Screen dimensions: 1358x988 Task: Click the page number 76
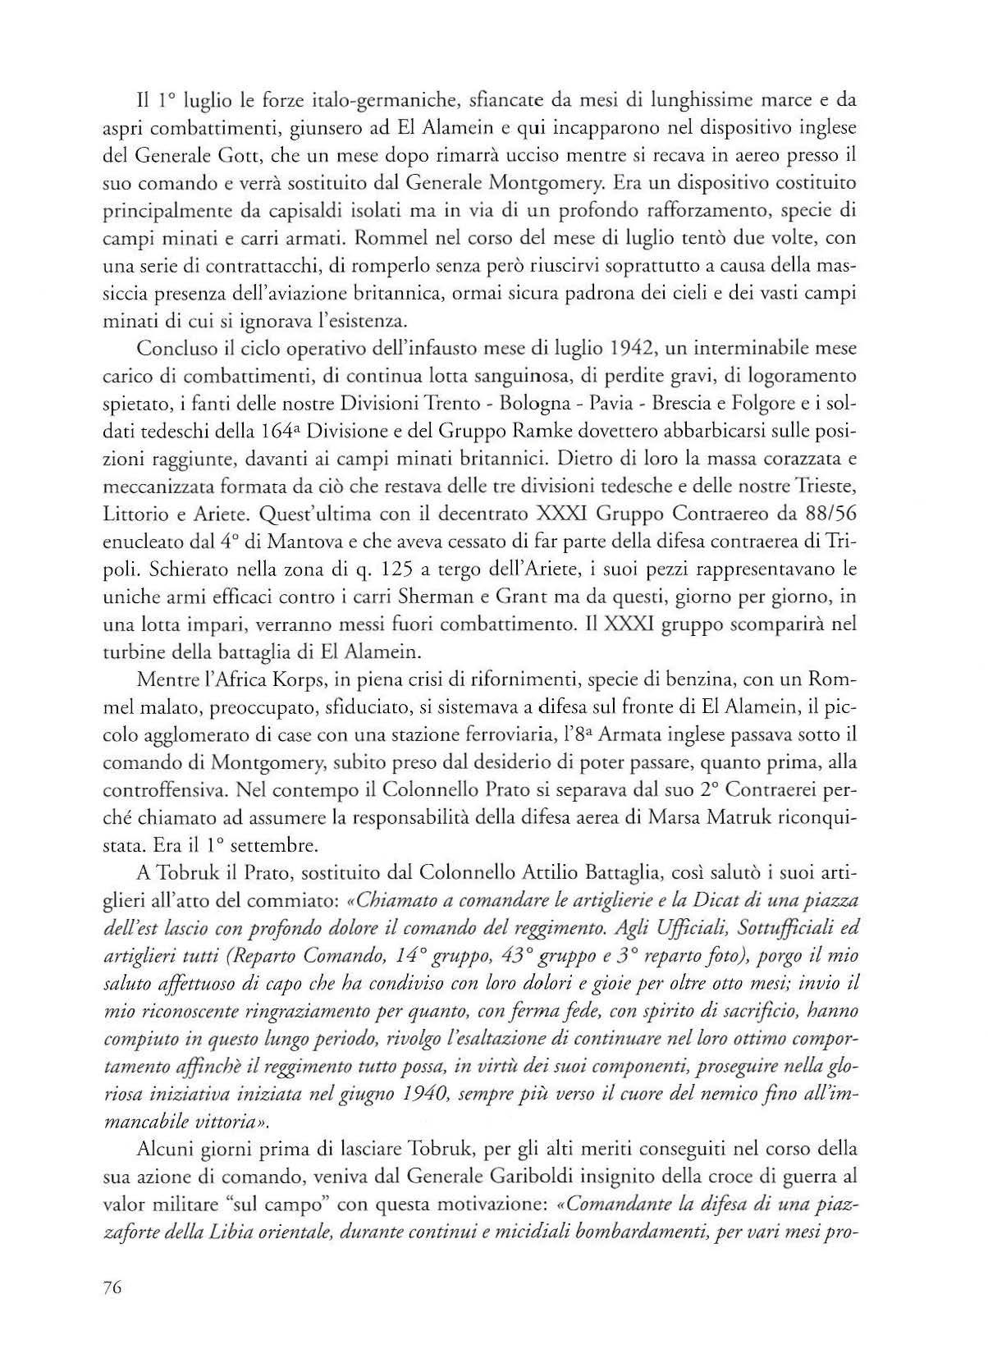(113, 1287)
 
